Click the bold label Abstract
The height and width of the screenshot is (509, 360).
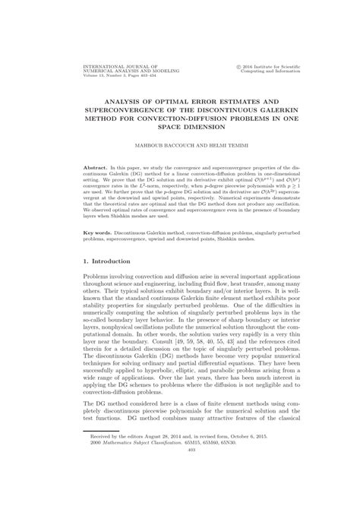pos(95,163)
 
